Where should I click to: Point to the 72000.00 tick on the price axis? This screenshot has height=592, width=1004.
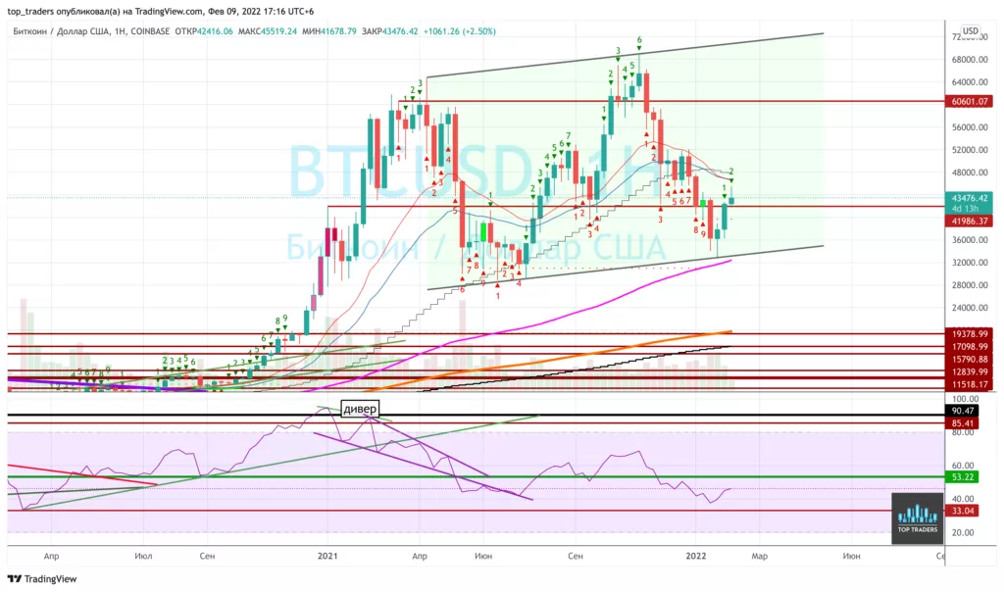click(x=966, y=37)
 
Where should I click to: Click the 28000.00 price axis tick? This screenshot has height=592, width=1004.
click(x=966, y=285)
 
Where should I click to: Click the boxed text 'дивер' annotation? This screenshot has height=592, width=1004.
click(x=360, y=409)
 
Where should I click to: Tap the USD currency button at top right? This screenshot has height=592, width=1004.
click(x=970, y=31)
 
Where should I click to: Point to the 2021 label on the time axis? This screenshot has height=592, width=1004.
click(x=327, y=556)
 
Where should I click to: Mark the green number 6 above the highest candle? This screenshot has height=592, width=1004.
click(x=639, y=41)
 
